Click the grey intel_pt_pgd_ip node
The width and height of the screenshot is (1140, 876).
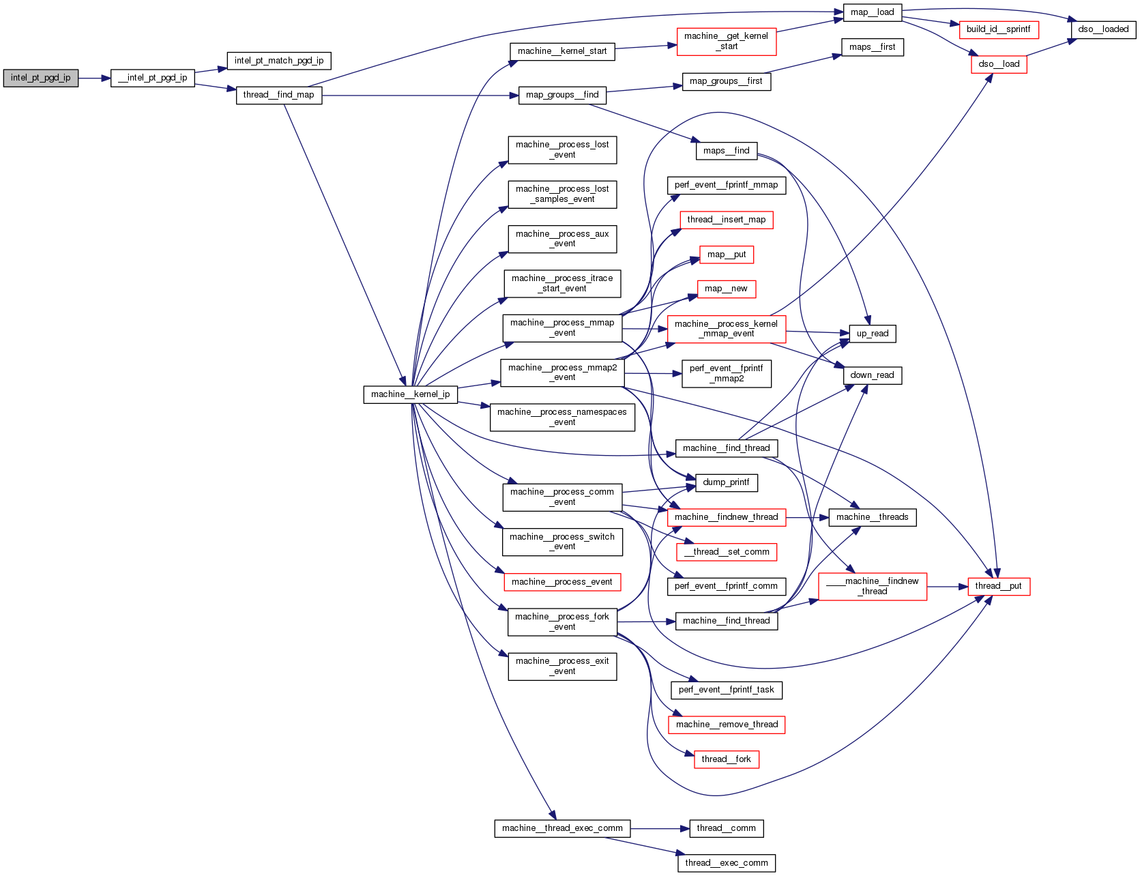(x=40, y=78)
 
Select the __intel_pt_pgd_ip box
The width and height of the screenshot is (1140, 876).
(x=153, y=78)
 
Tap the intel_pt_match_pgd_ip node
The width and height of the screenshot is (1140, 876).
(x=279, y=61)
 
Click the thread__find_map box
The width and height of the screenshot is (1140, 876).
(x=278, y=95)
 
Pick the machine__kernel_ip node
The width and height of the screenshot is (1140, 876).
(x=410, y=394)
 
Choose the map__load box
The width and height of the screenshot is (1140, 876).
(x=872, y=12)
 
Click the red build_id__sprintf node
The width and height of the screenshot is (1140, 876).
(x=998, y=29)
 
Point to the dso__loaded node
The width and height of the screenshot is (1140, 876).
(x=1103, y=29)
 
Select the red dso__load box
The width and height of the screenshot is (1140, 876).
(x=999, y=64)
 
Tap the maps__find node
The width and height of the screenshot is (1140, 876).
(x=726, y=151)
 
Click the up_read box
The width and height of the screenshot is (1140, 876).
(x=872, y=334)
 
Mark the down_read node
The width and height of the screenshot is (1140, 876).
(x=872, y=375)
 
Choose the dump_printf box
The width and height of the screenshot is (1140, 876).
(x=726, y=482)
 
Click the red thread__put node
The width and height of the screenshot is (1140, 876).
(x=998, y=586)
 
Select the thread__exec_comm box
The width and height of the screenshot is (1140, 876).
(x=726, y=863)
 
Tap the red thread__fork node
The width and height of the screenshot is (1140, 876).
(x=726, y=759)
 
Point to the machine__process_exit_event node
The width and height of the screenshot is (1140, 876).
(x=562, y=666)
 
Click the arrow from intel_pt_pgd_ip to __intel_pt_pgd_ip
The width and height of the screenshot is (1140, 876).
(x=94, y=78)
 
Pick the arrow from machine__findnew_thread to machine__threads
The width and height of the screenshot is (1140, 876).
(x=807, y=517)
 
